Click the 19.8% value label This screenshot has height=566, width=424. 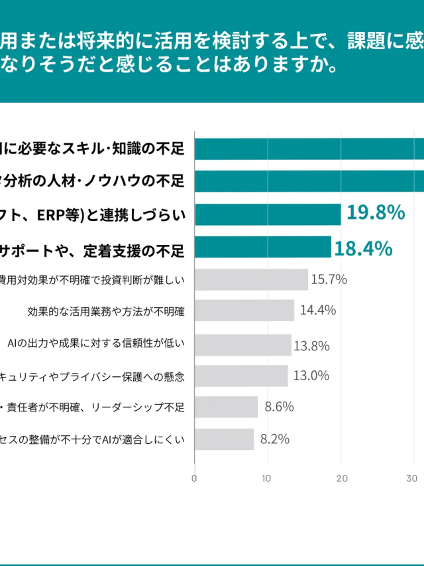(x=376, y=213)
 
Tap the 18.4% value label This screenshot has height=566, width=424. (x=363, y=248)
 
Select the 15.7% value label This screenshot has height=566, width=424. (x=329, y=279)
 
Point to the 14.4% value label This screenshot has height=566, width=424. (x=318, y=310)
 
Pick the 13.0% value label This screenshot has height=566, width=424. (x=311, y=376)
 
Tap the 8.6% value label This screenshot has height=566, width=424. (x=279, y=407)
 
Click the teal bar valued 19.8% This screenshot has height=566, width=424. (x=268, y=214)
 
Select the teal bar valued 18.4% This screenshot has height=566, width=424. (x=262, y=247)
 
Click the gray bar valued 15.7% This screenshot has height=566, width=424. (x=251, y=279)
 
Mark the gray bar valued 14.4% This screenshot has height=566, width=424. (x=244, y=310)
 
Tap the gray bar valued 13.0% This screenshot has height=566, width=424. (x=241, y=376)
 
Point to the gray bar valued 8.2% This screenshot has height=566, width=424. (x=224, y=439)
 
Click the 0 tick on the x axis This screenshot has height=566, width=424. (x=194, y=478)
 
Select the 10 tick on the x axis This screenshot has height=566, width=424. (x=267, y=478)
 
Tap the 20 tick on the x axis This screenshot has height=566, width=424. (x=341, y=478)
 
